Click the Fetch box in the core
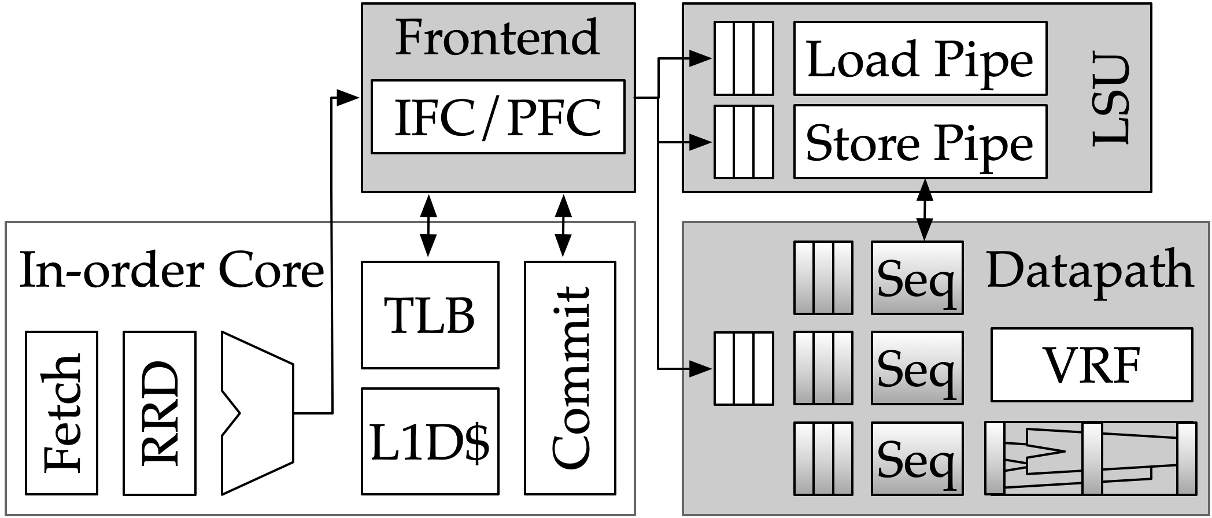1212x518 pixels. [x=61, y=413]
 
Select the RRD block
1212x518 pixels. [x=160, y=413]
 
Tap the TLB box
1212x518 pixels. [x=430, y=315]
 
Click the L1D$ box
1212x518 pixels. [x=430, y=441]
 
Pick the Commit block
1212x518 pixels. [x=570, y=378]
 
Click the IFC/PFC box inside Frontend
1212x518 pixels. [x=497, y=117]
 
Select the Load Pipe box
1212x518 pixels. [x=919, y=58]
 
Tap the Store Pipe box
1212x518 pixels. [x=919, y=142]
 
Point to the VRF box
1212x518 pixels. [x=1091, y=365]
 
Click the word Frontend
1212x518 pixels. [x=497, y=38]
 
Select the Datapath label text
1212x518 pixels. [x=1089, y=270]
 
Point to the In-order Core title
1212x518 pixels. [x=171, y=271]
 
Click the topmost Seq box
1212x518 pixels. [x=917, y=278]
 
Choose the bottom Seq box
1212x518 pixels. [x=917, y=458]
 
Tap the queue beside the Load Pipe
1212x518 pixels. [x=744, y=58]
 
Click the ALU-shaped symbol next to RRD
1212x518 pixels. [x=257, y=413]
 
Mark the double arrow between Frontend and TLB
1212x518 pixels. [x=428, y=225]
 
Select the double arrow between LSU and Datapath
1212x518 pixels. [x=925, y=209]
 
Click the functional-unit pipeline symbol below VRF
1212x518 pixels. [x=1090, y=458]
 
